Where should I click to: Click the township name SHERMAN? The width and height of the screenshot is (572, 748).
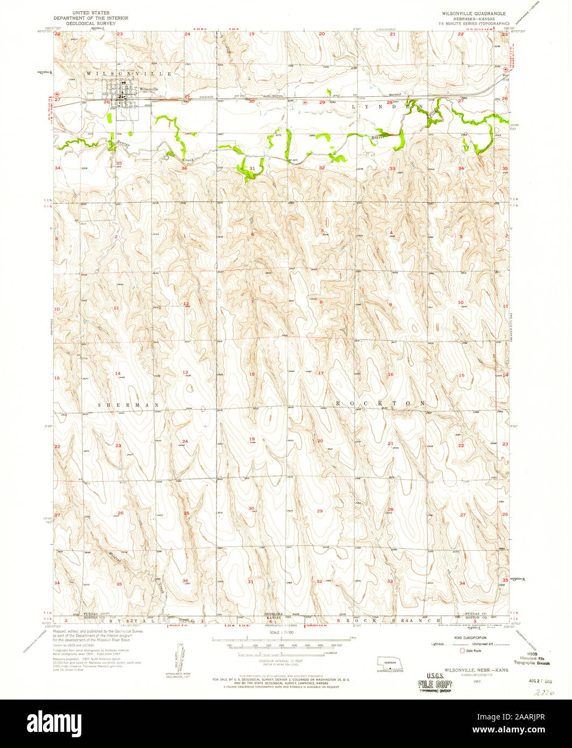pyautogui.click(x=129, y=404)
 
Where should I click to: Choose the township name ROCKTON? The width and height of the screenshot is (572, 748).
pyautogui.click(x=381, y=403)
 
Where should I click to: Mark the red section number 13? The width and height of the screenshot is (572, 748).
pyautogui.click(x=185, y=372)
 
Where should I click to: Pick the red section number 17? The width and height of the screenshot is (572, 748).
pyautogui.click(x=321, y=373)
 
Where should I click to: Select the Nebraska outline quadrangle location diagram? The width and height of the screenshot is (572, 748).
pyautogui.click(x=390, y=662)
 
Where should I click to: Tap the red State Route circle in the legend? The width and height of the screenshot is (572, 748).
pyautogui.click(x=462, y=650)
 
